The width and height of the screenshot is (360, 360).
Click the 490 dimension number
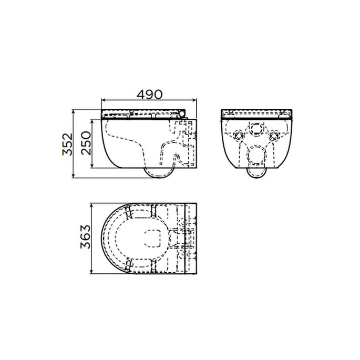(148, 94)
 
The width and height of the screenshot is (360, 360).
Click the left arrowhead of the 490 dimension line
(102, 100)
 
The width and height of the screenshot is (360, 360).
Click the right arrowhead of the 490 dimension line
(196, 100)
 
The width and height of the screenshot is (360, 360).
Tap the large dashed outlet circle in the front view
(257, 153)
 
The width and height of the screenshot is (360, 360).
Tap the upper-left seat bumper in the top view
(128, 211)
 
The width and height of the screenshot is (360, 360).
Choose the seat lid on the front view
(257, 112)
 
